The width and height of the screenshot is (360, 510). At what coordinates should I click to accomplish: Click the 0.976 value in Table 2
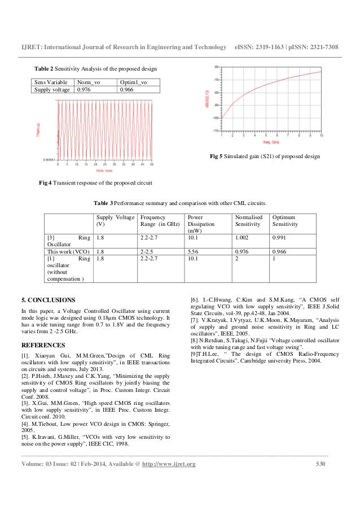tap(85, 89)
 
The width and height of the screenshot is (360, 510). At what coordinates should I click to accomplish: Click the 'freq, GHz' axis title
tap(279, 143)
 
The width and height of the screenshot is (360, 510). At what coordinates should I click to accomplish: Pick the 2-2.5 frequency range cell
tap(148, 251)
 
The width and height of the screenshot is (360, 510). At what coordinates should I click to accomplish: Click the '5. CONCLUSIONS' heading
tap(48, 299)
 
